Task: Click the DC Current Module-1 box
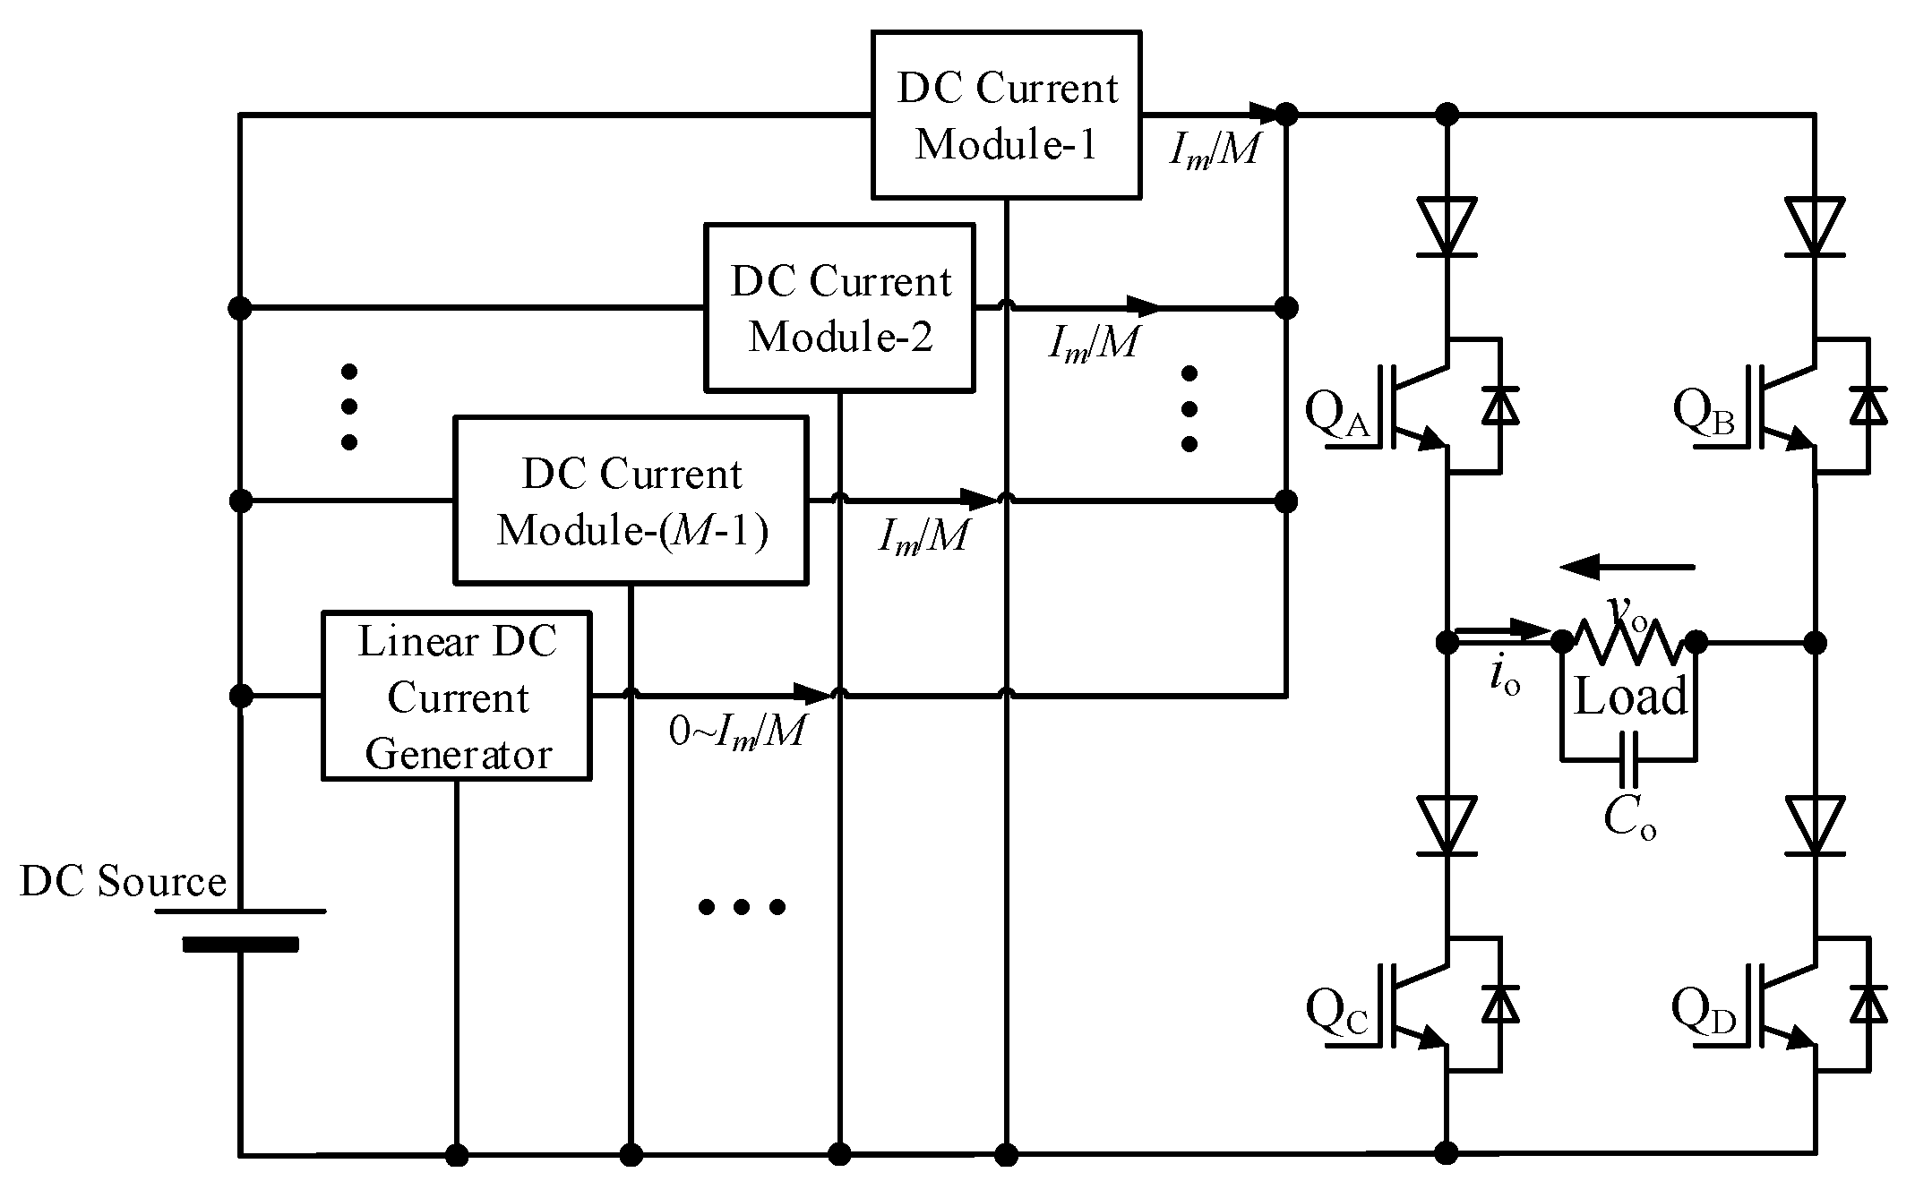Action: (x=1006, y=115)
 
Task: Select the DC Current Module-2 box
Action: (x=839, y=307)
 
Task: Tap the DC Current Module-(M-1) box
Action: (x=631, y=500)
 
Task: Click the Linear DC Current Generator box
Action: (x=456, y=696)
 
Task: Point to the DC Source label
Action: (x=123, y=881)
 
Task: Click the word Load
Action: (x=1630, y=697)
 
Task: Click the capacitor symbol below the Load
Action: (x=1629, y=759)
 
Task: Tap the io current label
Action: (x=1505, y=678)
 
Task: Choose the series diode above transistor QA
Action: (x=1447, y=226)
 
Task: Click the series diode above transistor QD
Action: (x=1814, y=825)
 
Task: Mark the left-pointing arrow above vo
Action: (x=1626, y=567)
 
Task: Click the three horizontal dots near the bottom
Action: (x=741, y=907)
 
